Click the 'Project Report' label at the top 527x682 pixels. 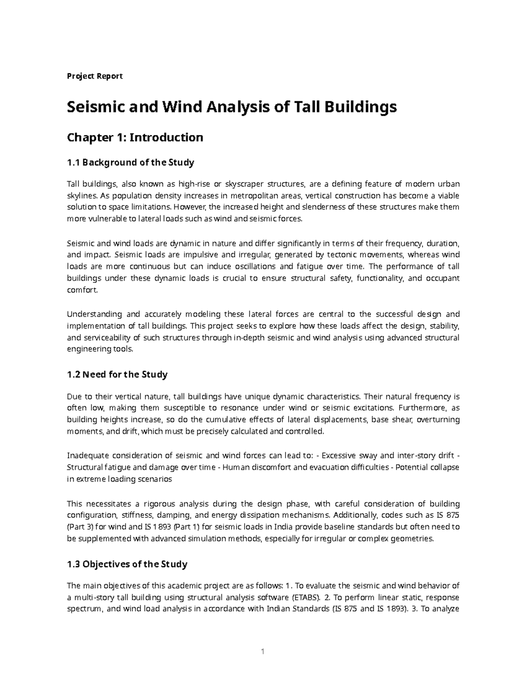coord(94,76)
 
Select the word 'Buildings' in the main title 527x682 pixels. coord(360,107)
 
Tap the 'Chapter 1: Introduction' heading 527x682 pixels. coord(134,137)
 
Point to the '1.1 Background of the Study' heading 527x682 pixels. coord(130,162)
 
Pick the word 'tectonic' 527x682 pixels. coord(343,255)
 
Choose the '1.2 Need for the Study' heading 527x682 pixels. coord(117,375)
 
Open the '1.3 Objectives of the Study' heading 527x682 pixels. coord(127,564)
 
